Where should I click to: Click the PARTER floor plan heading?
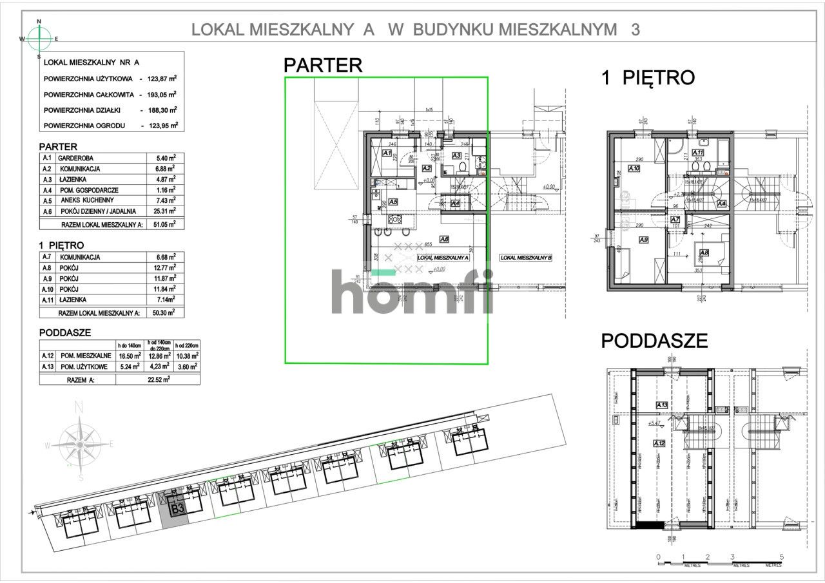(323, 64)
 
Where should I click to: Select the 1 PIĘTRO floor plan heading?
(648, 78)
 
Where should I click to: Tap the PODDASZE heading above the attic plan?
(654, 341)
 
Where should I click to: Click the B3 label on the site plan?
(177, 508)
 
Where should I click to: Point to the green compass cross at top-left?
(39, 38)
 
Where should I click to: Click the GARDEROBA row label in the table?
(76, 158)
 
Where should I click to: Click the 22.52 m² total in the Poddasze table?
(157, 379)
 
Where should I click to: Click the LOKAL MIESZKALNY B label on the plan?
(526, 257)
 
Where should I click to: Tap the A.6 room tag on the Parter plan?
(443, 238)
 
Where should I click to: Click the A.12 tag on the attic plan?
(658, 444)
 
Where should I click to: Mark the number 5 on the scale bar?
(781, 557)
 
